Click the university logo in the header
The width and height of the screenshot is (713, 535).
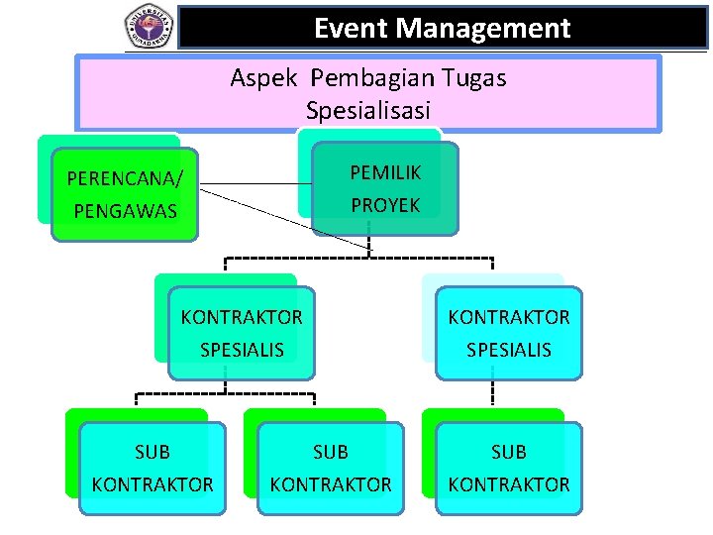tap(149, 26)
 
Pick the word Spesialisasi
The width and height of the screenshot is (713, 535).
tap(368, 110)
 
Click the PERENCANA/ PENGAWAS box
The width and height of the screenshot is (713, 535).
tap(125, 195)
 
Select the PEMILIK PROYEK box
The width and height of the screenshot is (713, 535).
tap(385, 188)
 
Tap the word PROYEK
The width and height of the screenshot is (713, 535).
tap(385, 205)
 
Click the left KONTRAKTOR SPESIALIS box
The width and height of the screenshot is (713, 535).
tap(242, 333)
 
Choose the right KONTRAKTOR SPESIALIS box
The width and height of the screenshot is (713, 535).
tap(509, 333)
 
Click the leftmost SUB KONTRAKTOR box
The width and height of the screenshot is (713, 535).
tap(153, 469)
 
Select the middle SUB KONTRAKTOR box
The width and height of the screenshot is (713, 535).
tap(331, 469)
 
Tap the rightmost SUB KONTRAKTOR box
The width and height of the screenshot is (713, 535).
tap(509, 469)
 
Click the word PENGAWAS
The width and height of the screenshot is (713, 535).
tap(125, 211)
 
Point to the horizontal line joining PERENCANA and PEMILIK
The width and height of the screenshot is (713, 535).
tap(253, 183)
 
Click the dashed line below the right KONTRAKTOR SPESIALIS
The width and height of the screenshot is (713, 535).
tap(492, 393)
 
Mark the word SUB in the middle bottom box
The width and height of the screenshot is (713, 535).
tap(331, 452)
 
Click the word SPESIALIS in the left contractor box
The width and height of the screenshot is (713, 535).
tap(242, 350)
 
